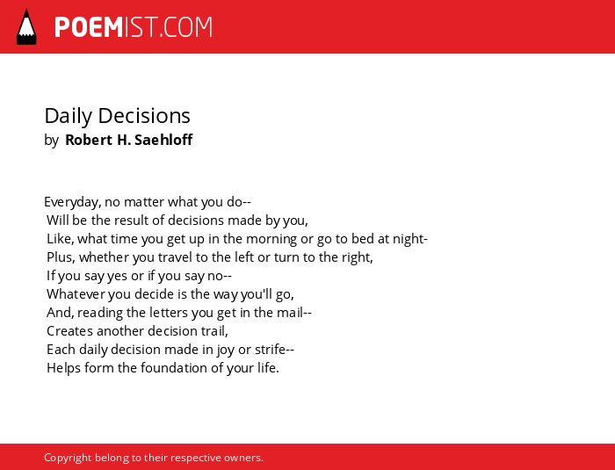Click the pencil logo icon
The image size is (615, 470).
tap(26, 26)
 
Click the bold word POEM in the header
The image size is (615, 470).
tap(89, 27)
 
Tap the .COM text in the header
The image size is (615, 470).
tap(186, 27)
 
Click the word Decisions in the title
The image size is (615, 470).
tap(144, 116)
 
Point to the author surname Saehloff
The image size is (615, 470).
tap(163, 140)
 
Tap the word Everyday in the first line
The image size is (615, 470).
tap(73, 202)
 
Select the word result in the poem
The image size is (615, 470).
tap(134, 221)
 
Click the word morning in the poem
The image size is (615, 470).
tap(271, 239)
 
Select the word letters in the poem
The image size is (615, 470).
tap(169, 313)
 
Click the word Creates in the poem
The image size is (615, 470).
tap(69, 331)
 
